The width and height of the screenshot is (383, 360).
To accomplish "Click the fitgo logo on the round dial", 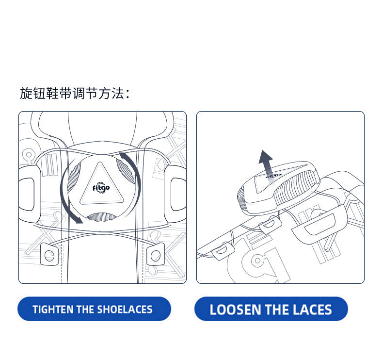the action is pos(101,188).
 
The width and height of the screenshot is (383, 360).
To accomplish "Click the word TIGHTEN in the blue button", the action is pos(53,310).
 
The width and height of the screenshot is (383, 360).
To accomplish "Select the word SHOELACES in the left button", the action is pos(125,310).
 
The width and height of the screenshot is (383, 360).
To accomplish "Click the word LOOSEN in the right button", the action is pos(236,310).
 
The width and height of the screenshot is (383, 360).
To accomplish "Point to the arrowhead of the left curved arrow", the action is pos(79,220).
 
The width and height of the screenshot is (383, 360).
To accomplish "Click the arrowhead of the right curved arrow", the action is pos(123,155).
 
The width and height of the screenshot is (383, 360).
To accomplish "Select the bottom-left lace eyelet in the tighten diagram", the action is pos(49,255).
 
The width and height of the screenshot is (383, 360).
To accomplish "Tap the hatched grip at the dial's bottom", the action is pos(101,217).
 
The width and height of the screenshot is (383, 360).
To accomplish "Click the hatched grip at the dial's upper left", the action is pos(74,176).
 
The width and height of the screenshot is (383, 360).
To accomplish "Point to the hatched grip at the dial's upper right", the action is pos(126,171).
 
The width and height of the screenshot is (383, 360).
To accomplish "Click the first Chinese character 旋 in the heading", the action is pos(26,93).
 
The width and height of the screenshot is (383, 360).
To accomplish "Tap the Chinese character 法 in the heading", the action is pos(117,93).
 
